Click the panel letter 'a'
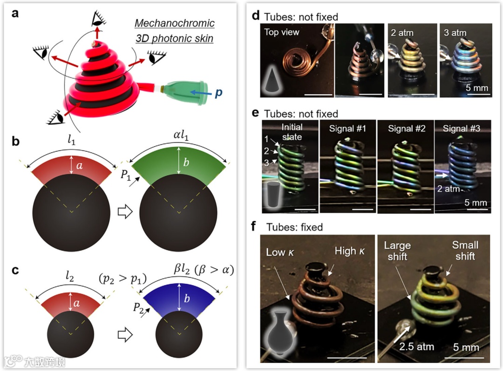[x=15, y=14]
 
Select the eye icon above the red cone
[x=99, y=18]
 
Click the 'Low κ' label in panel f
[x=282, y=252]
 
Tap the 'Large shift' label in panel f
[x=397, y=250]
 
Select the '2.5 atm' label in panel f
[x=417, y=346]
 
